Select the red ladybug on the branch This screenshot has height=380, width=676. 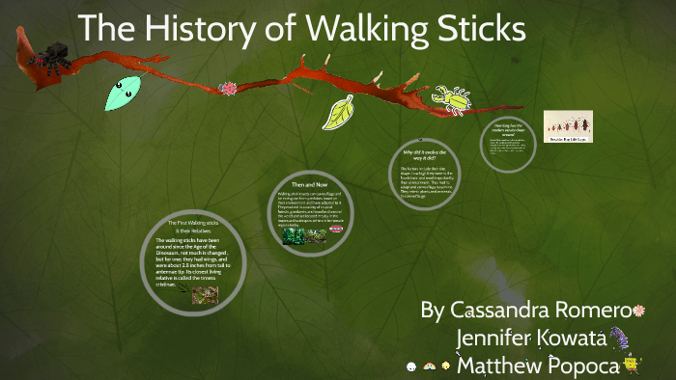coord(229,89)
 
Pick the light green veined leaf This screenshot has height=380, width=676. coord(338,114)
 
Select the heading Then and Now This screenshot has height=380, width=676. coord(311,184)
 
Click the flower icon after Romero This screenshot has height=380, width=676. coord(638,311)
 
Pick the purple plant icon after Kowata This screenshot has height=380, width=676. coord(618,338)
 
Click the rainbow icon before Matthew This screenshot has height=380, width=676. coord(429,366)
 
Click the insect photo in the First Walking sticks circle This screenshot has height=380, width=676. coord(205,295)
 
